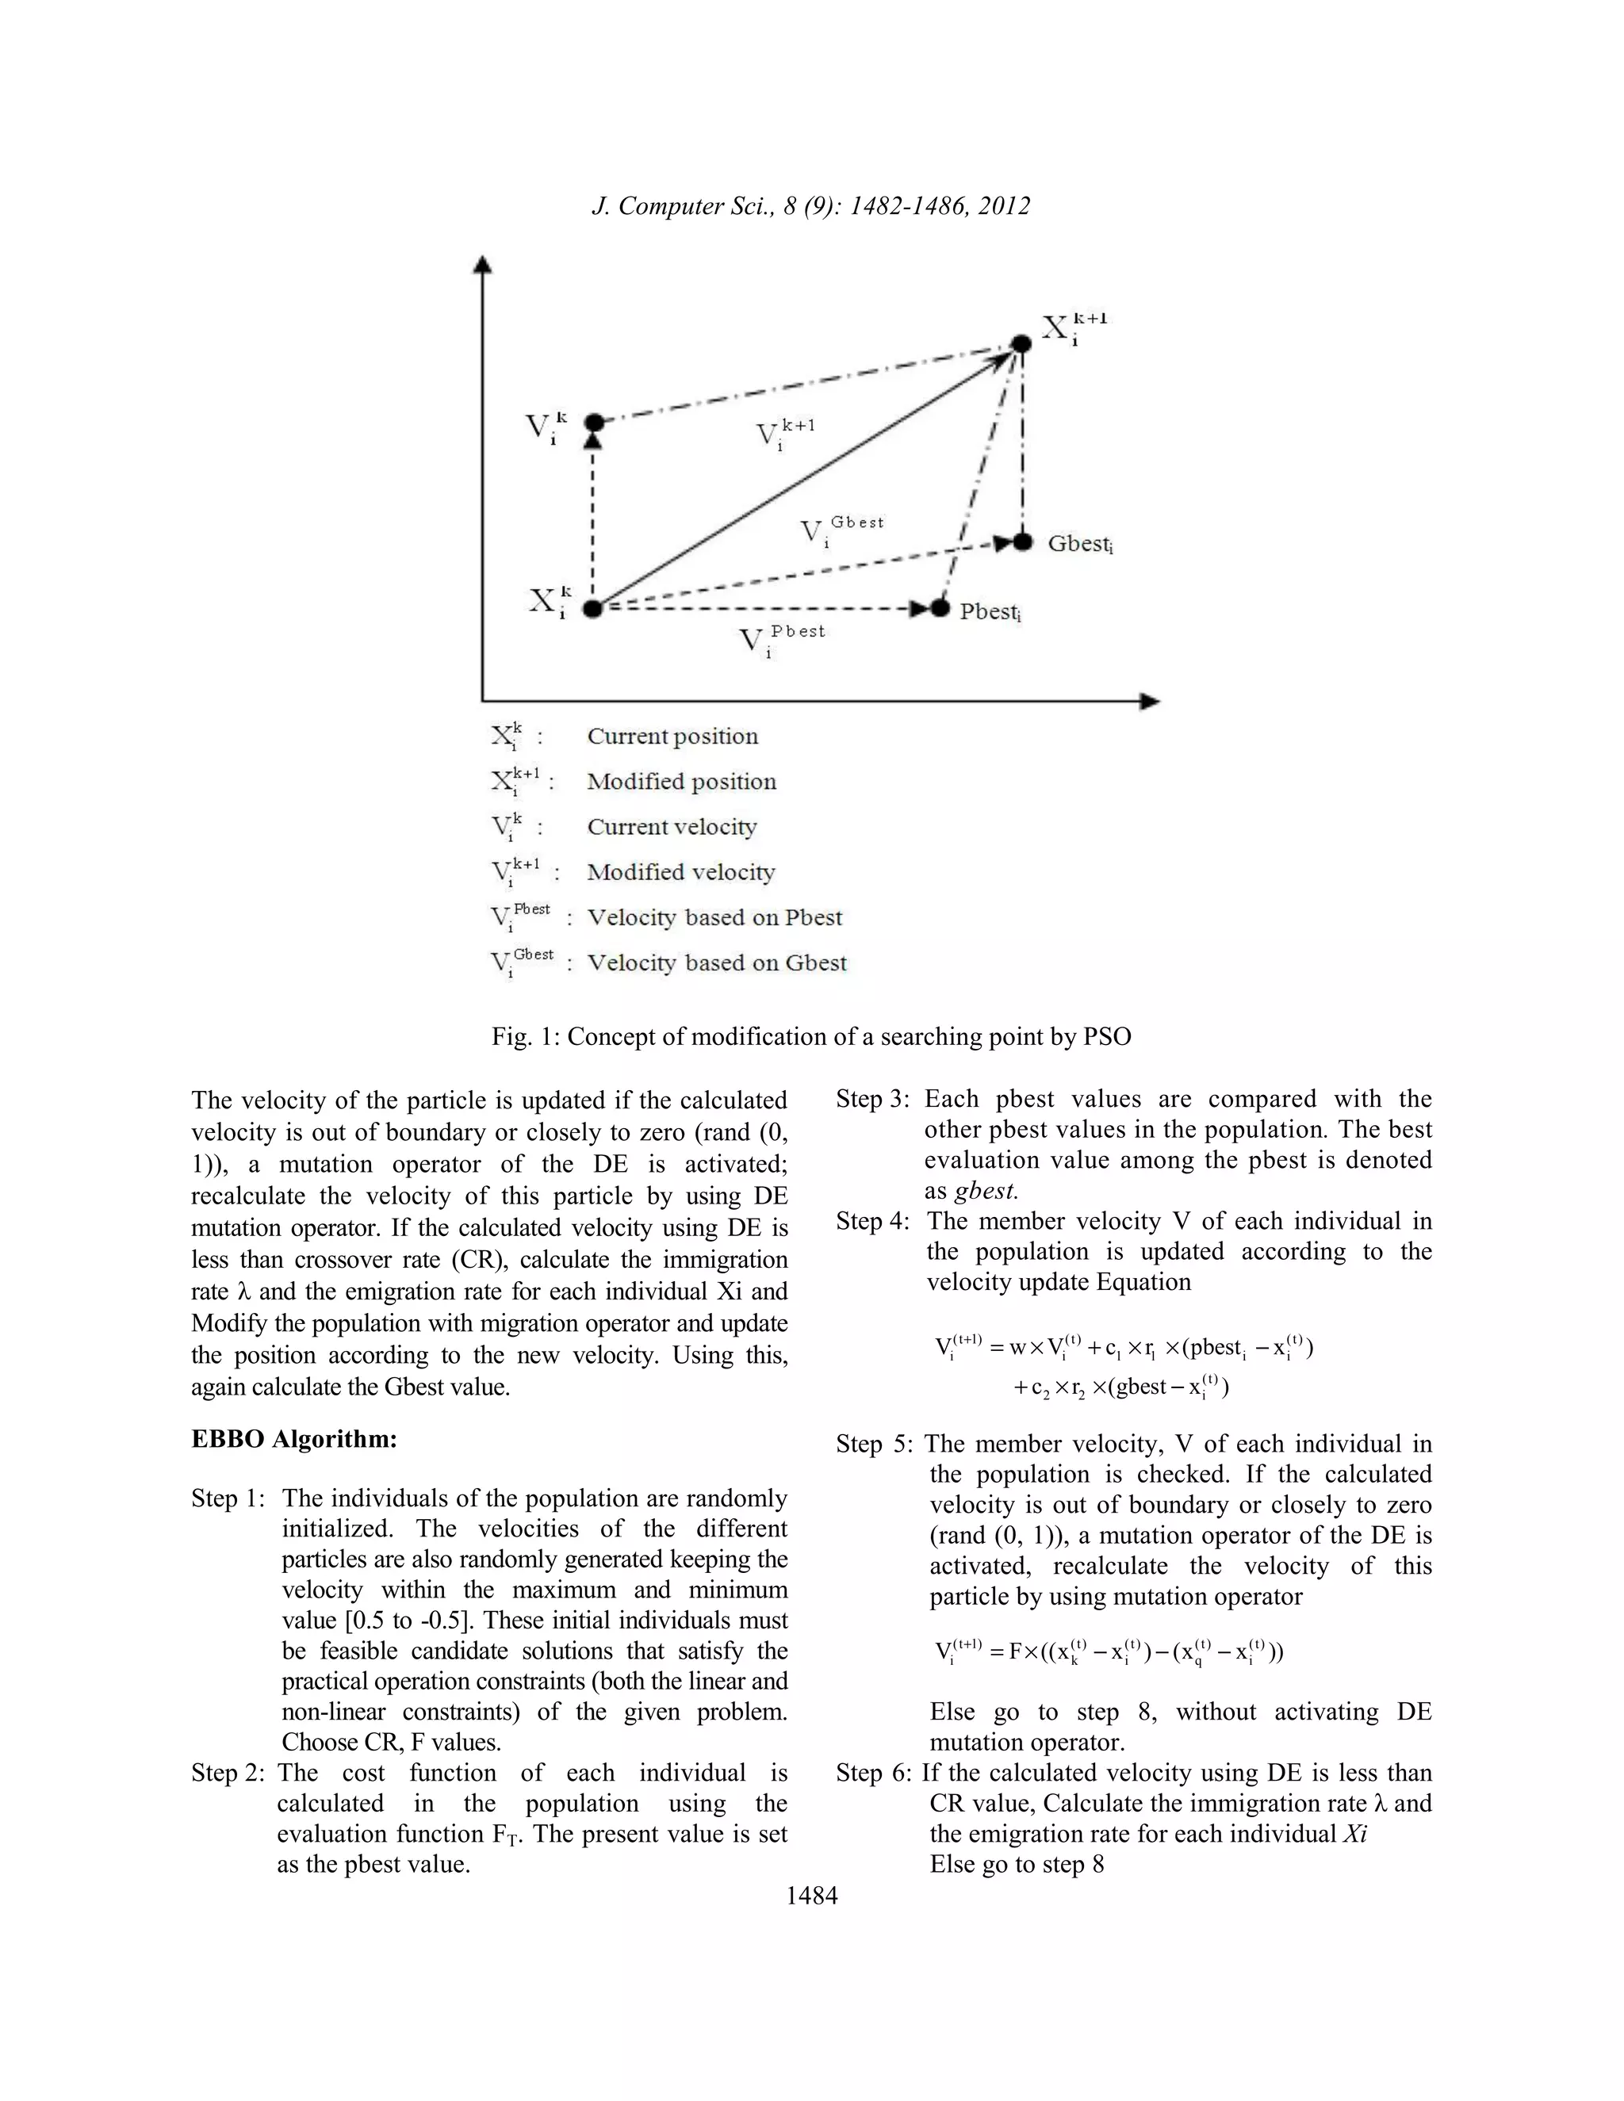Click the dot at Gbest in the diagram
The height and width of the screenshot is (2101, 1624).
(x=1023, y=542)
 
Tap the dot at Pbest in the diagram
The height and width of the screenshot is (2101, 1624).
(x=941, y=609)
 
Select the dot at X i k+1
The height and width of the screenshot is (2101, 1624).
(x=1021, y=343)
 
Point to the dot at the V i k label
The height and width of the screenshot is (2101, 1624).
(x=595, y=423)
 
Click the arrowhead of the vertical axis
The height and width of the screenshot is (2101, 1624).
(x=484, y=265)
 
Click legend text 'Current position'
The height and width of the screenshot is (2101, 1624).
(x=672, y=737)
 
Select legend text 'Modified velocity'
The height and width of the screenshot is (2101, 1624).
(x=680, y=873)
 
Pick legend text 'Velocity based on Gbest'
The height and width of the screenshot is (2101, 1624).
(x=717, y=963)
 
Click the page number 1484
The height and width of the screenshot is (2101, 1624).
(x=811, y=1895)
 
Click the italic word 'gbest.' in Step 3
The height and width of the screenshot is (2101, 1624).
(x=986, y=1191)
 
